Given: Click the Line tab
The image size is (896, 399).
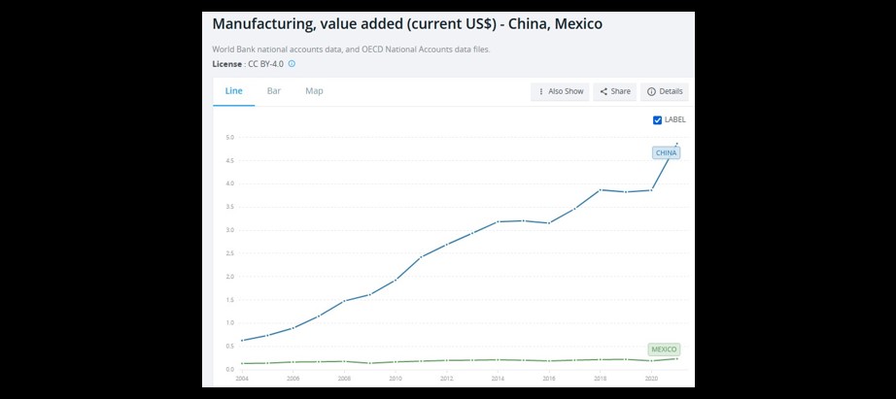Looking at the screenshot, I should [233, 90].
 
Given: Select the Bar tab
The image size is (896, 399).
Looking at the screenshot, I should [274, 90].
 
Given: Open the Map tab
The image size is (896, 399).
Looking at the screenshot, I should [314, 90].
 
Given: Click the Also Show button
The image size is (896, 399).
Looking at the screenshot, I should [561, 91].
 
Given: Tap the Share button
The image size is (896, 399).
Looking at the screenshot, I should [615, 91].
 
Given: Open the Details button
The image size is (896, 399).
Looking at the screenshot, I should [665, 91].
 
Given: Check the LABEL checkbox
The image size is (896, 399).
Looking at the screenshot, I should [658, 119].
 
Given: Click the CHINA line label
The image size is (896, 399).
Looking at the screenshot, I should [666, 153].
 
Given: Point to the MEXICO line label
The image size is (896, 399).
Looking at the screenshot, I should [664, 349].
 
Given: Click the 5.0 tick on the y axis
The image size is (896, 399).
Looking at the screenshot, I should [229, 137].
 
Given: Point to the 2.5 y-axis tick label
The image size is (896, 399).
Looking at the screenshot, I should [229, 253].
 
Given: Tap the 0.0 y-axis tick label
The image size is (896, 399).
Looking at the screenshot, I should [229, 369].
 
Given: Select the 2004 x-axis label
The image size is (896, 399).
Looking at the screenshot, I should [242, 379].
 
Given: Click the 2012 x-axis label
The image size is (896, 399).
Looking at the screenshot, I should [446, 379].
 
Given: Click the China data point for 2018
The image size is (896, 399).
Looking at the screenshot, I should [601, 189].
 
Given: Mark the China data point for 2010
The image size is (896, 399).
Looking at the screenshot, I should [396, 280].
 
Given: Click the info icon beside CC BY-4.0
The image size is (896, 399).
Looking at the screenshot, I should [292, 64].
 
